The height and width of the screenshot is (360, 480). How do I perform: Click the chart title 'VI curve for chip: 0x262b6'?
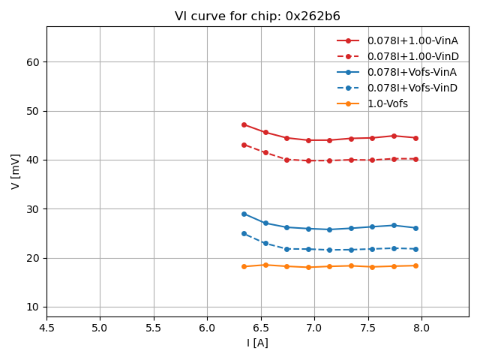pyautogui.click(x=257, y=16)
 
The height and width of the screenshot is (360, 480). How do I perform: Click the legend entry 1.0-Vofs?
pyautogui.click(x=388, y=103)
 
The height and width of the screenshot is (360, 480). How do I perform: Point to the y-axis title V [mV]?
pyautogui.click(x=16, y=171)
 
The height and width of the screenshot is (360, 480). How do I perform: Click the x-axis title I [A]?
pyautogui.click(x=257, y=343)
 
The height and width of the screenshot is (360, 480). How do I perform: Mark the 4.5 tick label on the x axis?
pyautogui.click(x=46, y=327)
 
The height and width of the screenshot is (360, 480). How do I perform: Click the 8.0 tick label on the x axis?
pyautogui.click(x=421, y=327)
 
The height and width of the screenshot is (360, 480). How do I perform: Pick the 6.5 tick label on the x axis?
pyautogui.click(x=261, y=327)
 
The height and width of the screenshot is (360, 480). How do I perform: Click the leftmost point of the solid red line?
pyautogui.click(x=244, y=124)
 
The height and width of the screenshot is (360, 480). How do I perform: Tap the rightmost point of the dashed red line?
pyautogui.click(x=415, y=159)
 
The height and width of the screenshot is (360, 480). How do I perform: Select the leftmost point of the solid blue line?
pyautogui.click(x=244, y=214)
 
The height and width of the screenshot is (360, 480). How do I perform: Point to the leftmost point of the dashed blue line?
pyautogui.click(x=244, y=233)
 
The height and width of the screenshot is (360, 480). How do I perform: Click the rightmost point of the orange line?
pyautogui.click(x=415, y=265)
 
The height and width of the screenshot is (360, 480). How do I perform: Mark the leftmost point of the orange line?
pyautogui.click(x=244, y=266)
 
